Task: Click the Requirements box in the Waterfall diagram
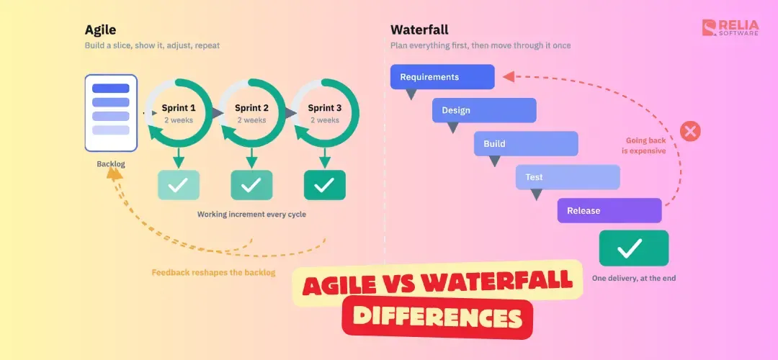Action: tap(442, 77)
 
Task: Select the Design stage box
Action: tap(484, 110)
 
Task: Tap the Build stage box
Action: tap(526, 144)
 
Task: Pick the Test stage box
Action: tap(568, 177)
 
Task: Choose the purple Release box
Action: tap(609, 210)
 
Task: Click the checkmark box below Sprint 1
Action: tap(179, 185)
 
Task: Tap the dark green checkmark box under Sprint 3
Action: tap(324, 185)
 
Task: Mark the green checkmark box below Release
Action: tap(634, 248)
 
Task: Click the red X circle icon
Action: tap(689, 132)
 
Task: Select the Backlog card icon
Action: tap(111, 113)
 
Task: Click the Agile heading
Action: tap(100, 30)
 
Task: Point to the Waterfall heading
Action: tap(419, 30)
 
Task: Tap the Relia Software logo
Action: tap(730, 28)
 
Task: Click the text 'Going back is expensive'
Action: tap(643, 145)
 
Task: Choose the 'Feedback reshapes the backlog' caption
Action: tap(213, 272)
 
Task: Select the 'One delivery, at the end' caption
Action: tap(634, 278)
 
